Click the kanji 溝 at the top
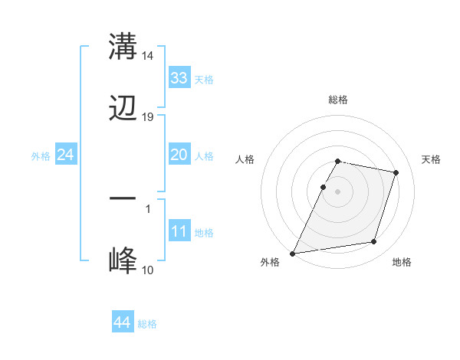123,46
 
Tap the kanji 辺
123,110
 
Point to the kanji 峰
123,261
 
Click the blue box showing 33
179,78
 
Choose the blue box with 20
179,155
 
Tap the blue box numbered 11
179,231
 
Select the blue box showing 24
66,155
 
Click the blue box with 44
123,322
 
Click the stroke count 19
148,117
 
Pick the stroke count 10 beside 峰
148,270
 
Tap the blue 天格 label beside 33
203,79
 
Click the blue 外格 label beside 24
41,155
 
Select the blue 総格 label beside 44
147,323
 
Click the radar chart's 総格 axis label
338,100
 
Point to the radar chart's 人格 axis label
245,159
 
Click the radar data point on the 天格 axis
396,172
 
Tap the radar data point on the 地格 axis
374,242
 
